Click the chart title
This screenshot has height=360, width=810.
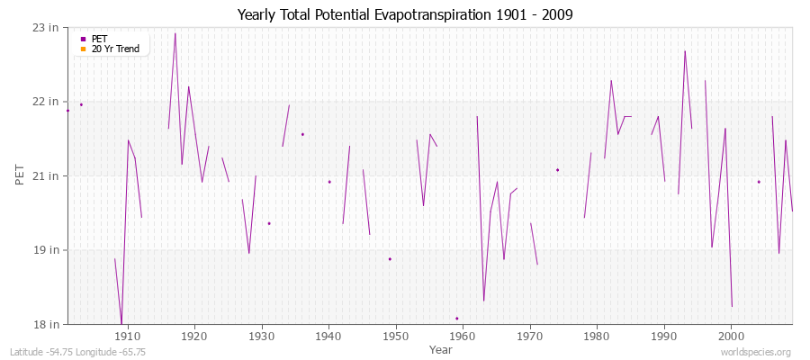tap(405, 14)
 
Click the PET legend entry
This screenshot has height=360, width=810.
tap(99, 39)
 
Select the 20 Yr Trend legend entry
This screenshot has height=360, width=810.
tap(115, 49)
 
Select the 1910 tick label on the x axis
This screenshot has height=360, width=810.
tap(127, 335)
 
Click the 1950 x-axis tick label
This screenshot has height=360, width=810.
tap(396, 335)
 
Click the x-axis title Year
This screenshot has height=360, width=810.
tap(441, 349)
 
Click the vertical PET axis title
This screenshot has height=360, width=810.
tap(21, 175)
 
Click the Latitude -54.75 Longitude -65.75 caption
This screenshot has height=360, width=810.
tap(78, 352)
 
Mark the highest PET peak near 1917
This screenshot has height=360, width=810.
tap(175, 34)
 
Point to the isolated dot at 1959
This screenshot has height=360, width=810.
tap(457, 318)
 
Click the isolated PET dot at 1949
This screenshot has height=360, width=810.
tap(390, 259)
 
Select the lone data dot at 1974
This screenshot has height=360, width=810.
tap(557, 170)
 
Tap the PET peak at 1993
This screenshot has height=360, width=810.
tap(685, 51)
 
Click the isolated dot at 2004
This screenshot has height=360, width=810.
tap(759, 182)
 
